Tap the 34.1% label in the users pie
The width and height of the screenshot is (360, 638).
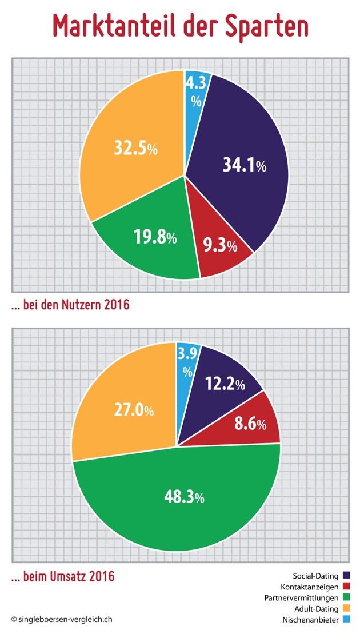click(245, 166)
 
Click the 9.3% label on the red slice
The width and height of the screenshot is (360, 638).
click(220, 246)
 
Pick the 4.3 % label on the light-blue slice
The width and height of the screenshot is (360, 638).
click(197, 91)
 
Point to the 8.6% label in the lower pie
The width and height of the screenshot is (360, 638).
click(250, 425)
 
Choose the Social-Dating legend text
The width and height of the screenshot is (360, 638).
click(316, 575)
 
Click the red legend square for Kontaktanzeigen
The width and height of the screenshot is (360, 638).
click(346, 587)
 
